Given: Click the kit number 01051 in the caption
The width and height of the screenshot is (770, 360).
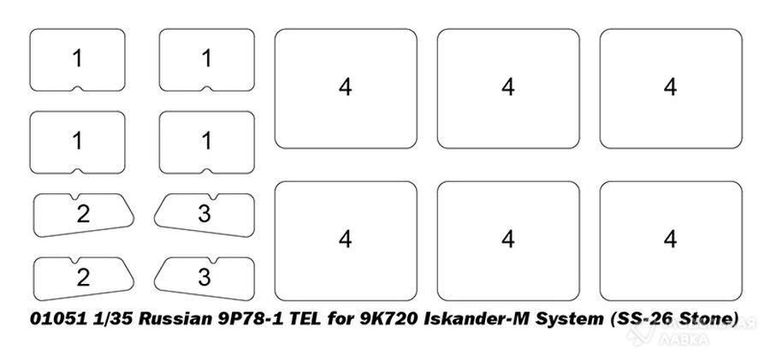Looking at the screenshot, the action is (57, 319).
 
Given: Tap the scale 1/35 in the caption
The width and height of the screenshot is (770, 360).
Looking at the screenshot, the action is (112, 319).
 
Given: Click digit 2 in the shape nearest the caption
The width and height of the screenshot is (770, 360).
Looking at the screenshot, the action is (83, 278).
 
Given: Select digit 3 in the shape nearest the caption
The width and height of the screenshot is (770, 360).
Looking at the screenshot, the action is (204, 278).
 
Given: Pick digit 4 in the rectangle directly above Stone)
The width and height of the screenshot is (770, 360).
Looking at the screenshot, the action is (670, 239).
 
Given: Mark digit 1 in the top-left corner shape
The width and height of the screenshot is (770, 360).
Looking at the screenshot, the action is (77, 58).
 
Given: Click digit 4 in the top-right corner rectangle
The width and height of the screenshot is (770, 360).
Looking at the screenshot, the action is (670, 87).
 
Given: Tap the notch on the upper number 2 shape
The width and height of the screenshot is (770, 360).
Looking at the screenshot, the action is (75, 196).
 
